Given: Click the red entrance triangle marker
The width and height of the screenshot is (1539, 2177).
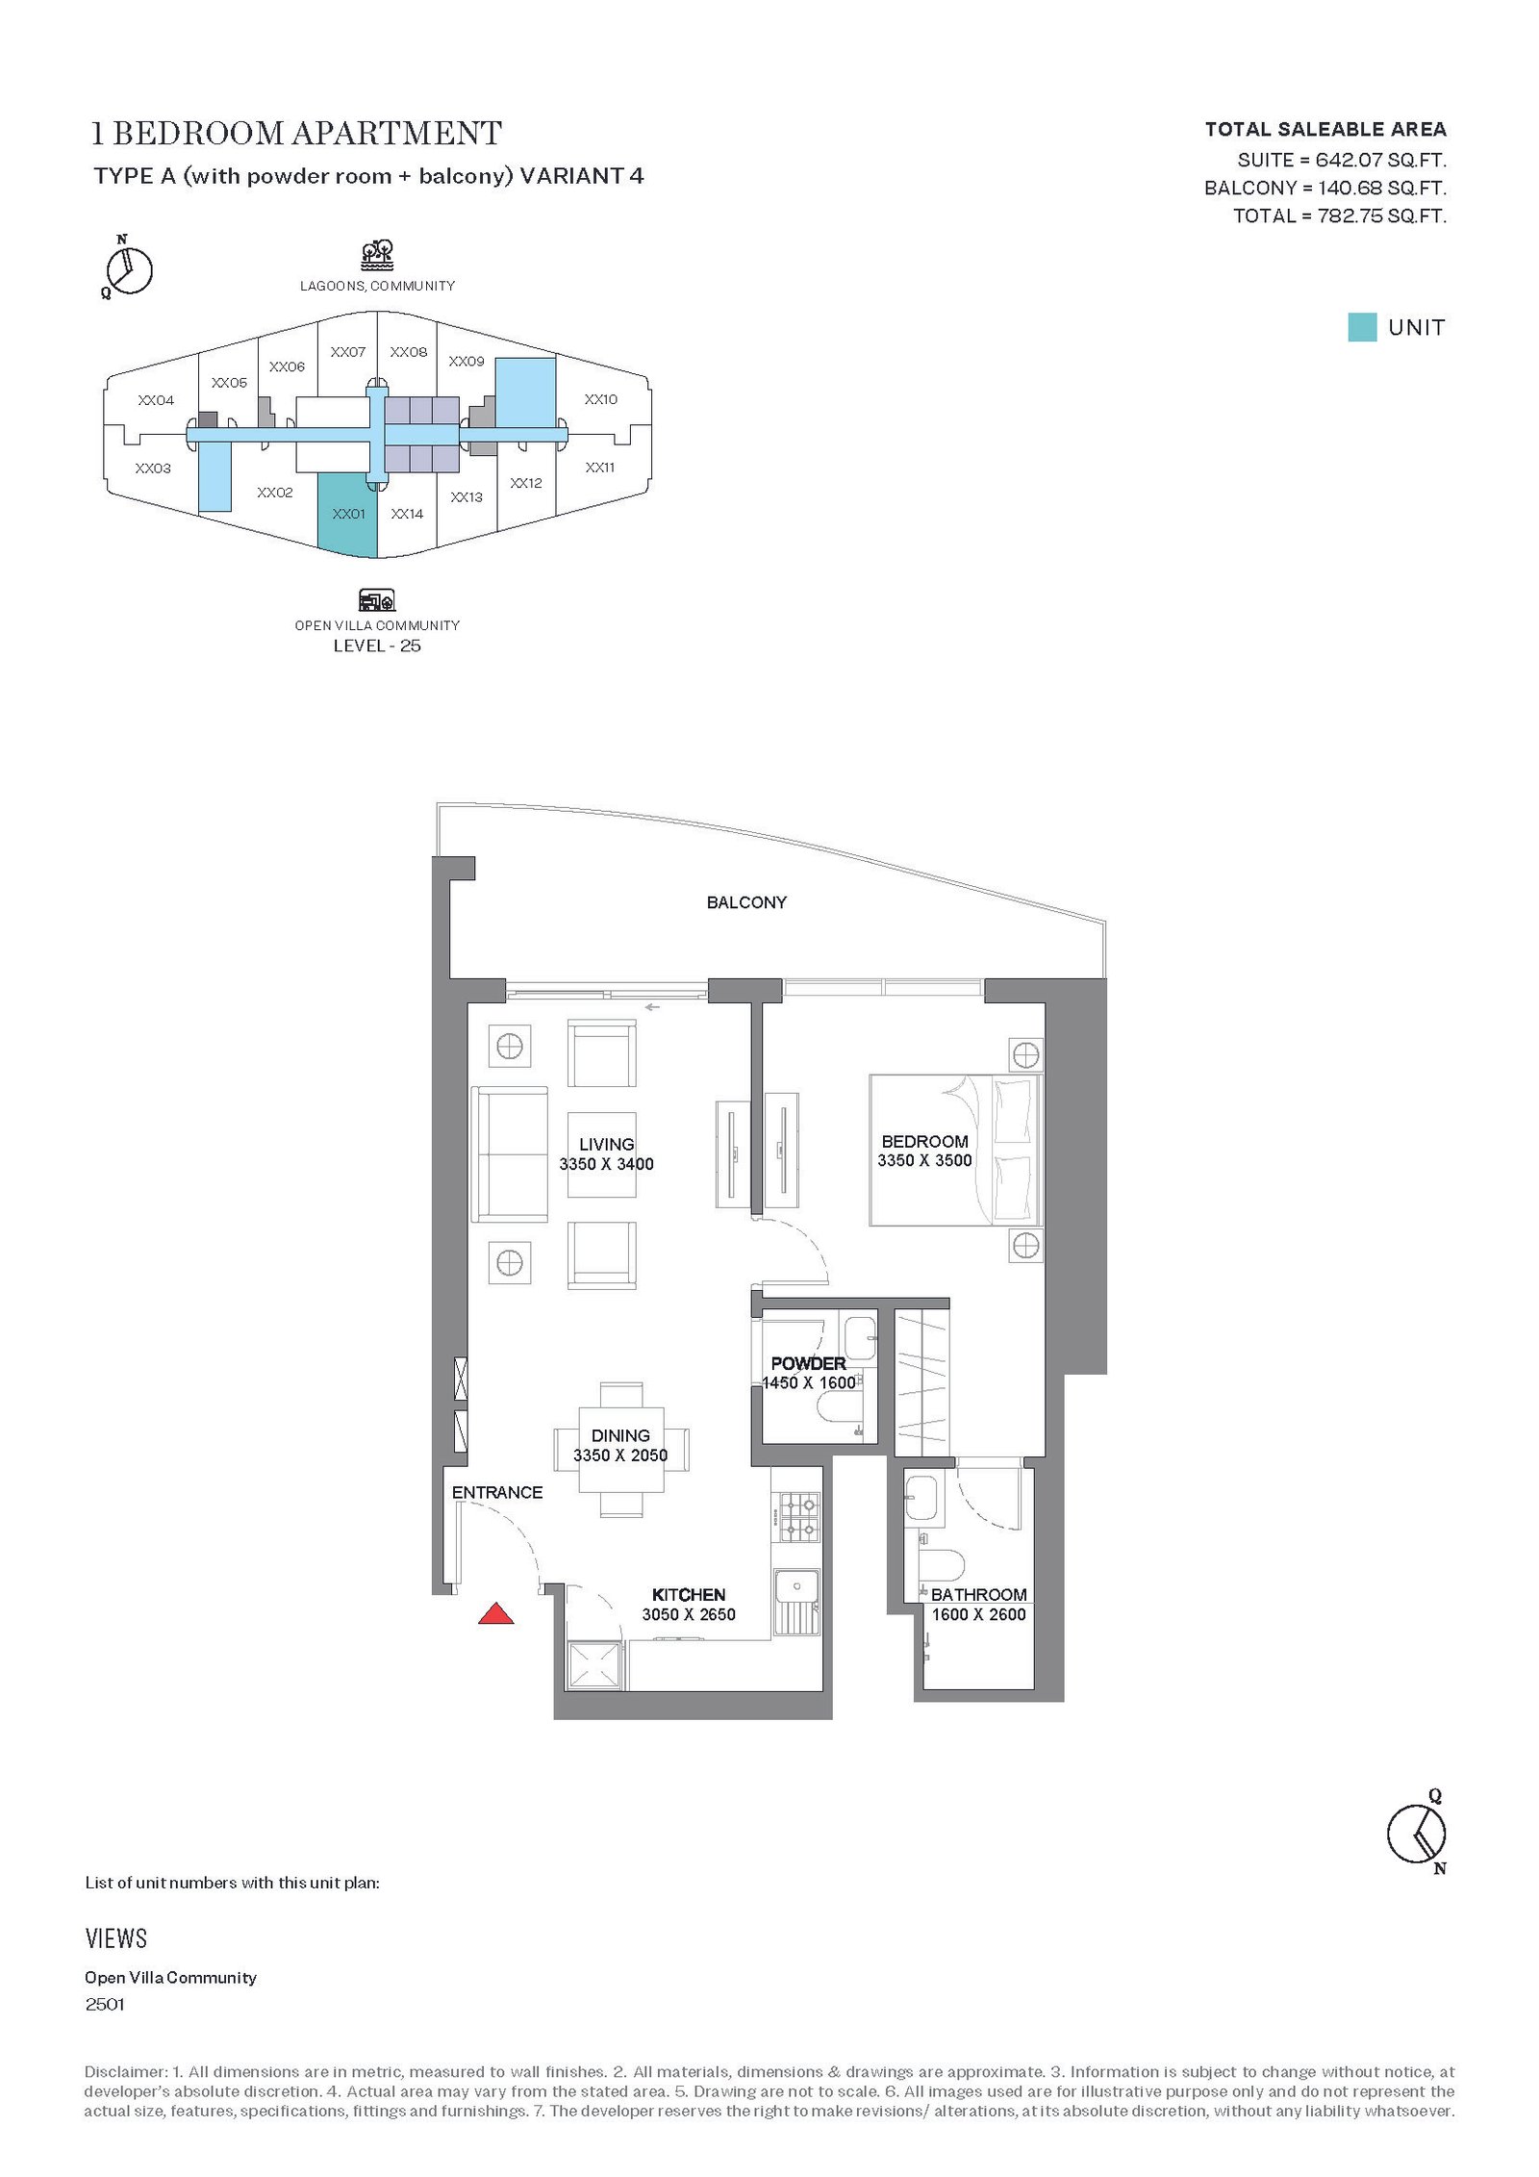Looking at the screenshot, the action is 495,1613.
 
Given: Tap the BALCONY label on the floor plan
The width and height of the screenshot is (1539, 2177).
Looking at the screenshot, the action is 746,902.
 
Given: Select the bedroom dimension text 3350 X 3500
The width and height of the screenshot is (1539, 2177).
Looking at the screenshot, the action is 924,1160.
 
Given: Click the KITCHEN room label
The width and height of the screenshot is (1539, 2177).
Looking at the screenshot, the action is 689,1594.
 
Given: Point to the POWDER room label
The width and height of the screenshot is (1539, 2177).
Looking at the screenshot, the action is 808,1363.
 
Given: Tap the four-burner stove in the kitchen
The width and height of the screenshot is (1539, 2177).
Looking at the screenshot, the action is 798,1517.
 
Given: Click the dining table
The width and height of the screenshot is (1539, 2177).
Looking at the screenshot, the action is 621,1450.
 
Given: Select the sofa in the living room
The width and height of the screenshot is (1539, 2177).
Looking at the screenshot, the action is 510,1154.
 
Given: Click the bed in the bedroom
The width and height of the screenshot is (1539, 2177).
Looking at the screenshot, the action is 955,1150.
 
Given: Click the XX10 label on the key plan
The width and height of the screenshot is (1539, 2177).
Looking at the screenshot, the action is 601,399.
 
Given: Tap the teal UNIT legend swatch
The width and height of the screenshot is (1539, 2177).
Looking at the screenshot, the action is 1362,327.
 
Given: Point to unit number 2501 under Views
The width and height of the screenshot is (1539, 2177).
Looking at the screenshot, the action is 105,2005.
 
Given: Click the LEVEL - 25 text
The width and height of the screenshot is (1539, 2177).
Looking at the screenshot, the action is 377,646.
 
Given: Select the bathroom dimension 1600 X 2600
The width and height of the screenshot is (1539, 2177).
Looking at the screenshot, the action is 978,1614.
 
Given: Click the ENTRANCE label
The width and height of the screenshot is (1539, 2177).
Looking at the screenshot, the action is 497,1492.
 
